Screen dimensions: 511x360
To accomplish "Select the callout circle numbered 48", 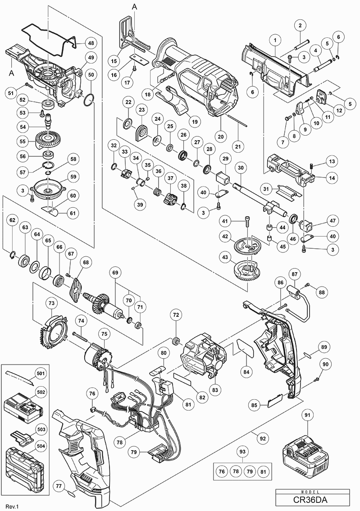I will pyautogui.click(x=91, y=43).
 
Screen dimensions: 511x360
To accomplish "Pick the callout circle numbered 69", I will pyautogui.click(x=115, y=273).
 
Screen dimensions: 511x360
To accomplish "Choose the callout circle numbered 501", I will pyautogui.click(x=41, y=373).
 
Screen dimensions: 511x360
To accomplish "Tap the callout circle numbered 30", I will pyautogui.click(x=241, y=168).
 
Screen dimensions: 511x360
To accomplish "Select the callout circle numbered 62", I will pyautogui.click(x=12, y=221).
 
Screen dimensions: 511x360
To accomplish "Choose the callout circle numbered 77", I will pyautogui.click(x=59, y=485).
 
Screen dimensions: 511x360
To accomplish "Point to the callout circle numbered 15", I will pyautogui.click(x=114, y=60).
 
